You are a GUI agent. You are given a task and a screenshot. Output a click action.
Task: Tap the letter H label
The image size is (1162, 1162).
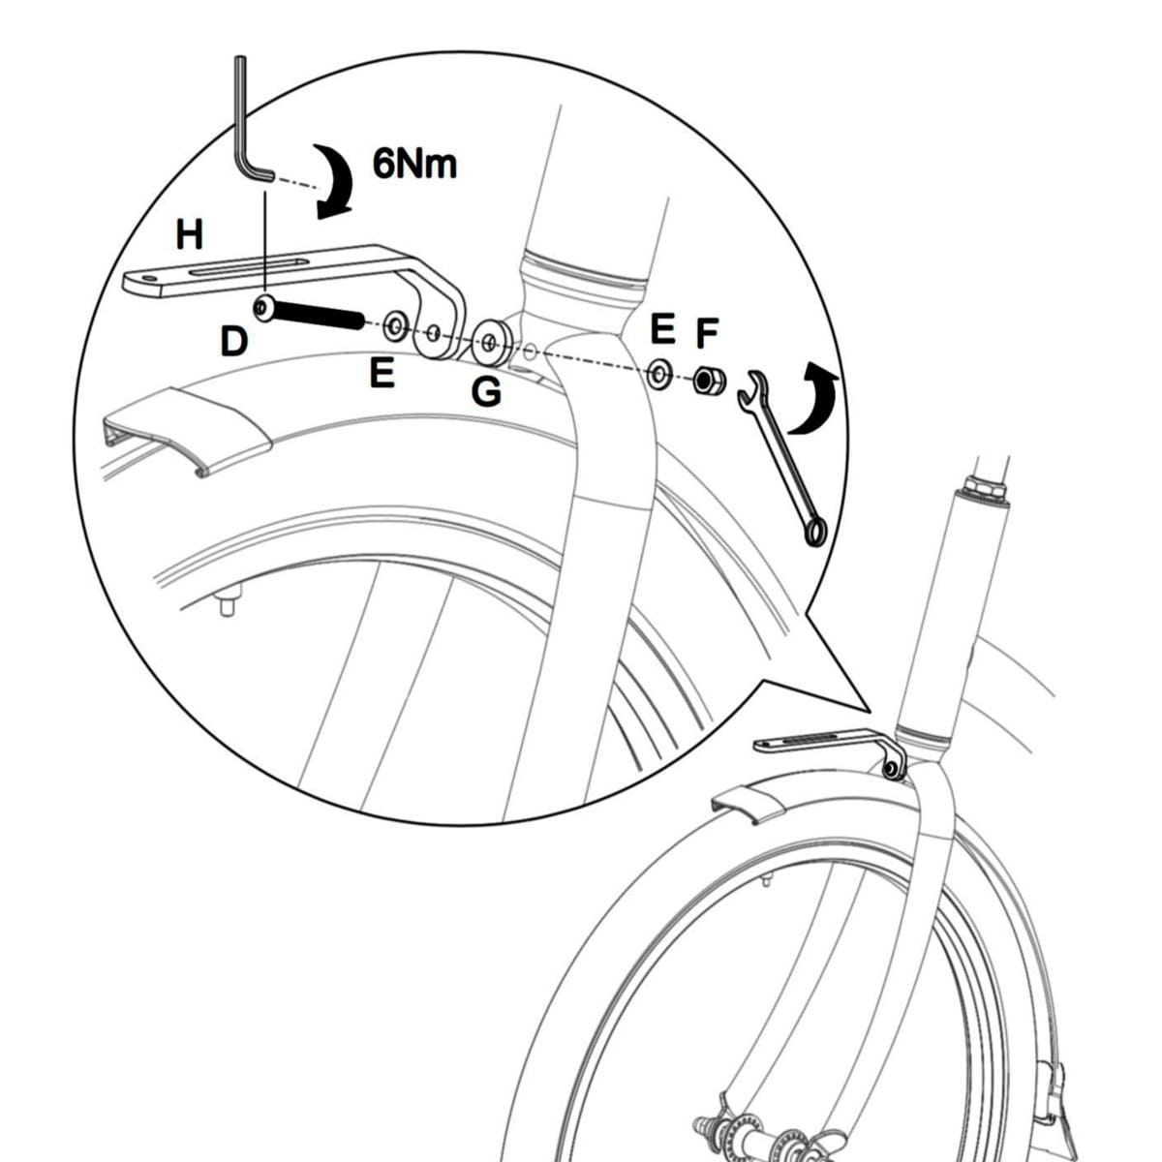pyautogui.click(x=190, y=233)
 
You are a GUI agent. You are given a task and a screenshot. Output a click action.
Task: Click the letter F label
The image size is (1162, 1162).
pyautogui.click(x=708, y=332)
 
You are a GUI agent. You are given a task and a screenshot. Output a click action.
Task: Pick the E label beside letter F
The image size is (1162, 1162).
pyautogui.click(x=662, y=330)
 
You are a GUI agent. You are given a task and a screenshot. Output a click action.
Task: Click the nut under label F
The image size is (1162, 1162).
pyautogui.click(x=705, y=381)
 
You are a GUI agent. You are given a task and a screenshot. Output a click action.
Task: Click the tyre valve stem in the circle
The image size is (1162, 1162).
pyautogui.click(x=228, y=606)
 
